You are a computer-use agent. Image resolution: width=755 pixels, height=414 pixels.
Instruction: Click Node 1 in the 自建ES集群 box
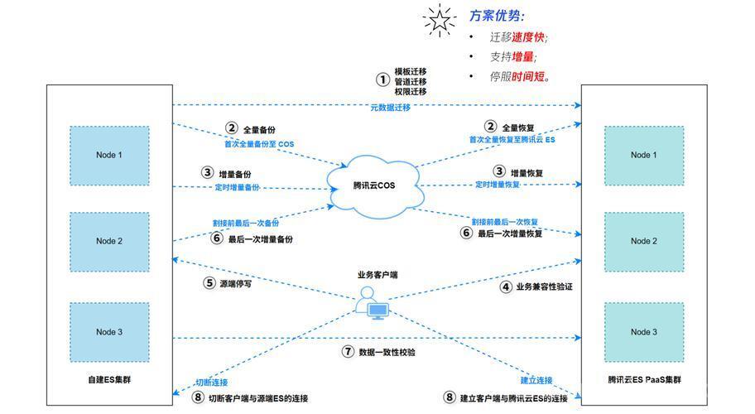109,156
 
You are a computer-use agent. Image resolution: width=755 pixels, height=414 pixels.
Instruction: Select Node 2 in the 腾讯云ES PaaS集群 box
644,242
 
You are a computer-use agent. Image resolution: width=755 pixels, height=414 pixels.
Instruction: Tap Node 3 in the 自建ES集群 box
109,332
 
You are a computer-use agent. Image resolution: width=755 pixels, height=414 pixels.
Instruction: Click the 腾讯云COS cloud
375,185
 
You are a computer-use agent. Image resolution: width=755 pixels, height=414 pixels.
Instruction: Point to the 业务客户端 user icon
372,303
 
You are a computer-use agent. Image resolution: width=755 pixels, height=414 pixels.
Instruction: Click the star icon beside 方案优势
439,20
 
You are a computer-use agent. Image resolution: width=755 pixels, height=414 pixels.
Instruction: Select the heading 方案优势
497,16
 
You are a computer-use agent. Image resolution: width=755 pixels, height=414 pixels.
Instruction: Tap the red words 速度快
527,37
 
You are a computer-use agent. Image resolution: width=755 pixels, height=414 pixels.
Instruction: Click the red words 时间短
528,76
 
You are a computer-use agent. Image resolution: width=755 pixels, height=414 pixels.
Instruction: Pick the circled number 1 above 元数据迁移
382,79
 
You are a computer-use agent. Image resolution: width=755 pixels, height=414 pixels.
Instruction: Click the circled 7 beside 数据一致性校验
348,352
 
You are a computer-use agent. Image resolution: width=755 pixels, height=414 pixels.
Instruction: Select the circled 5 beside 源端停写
209,283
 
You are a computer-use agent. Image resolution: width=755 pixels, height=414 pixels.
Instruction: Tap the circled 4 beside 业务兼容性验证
506,287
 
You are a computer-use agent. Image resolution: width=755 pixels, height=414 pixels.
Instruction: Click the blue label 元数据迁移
390,108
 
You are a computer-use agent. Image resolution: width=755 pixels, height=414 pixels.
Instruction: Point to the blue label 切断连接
212,383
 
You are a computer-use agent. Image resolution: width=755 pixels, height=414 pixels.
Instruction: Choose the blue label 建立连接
536,381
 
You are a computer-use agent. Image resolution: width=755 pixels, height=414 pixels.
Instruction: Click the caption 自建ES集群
109,380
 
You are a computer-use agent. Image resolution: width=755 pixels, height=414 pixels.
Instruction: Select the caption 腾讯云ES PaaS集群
644,380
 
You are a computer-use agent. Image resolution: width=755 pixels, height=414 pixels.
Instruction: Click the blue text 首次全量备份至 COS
259,144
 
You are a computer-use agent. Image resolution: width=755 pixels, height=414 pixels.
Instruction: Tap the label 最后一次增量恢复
510,233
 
